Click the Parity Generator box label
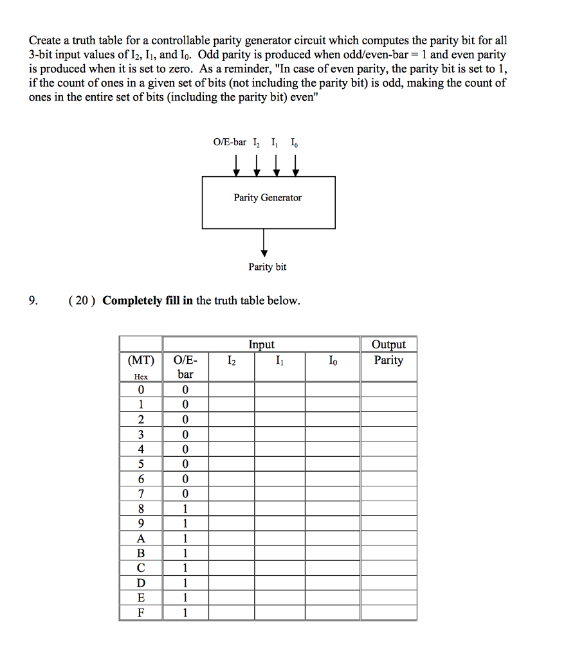point(268,197)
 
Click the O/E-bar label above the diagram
point(229,142)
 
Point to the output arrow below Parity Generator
point(264,242)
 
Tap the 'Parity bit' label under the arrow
point(268,267)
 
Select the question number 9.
point(33,301)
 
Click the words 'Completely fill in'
point(147,301)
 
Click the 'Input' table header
point(261,344)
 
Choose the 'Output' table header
point(388,344)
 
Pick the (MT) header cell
point(140,360)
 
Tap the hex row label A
point(140,538)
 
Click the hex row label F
point(140,612)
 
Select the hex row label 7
point(140,493)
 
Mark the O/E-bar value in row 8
point(185,509)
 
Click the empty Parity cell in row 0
point(388,389)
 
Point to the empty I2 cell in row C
point(231,568)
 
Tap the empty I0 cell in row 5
point(332,464)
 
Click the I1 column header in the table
point(278,360)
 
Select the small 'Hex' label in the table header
point(140,377)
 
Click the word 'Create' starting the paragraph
point(44,40)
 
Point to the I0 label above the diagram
point(294,142)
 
